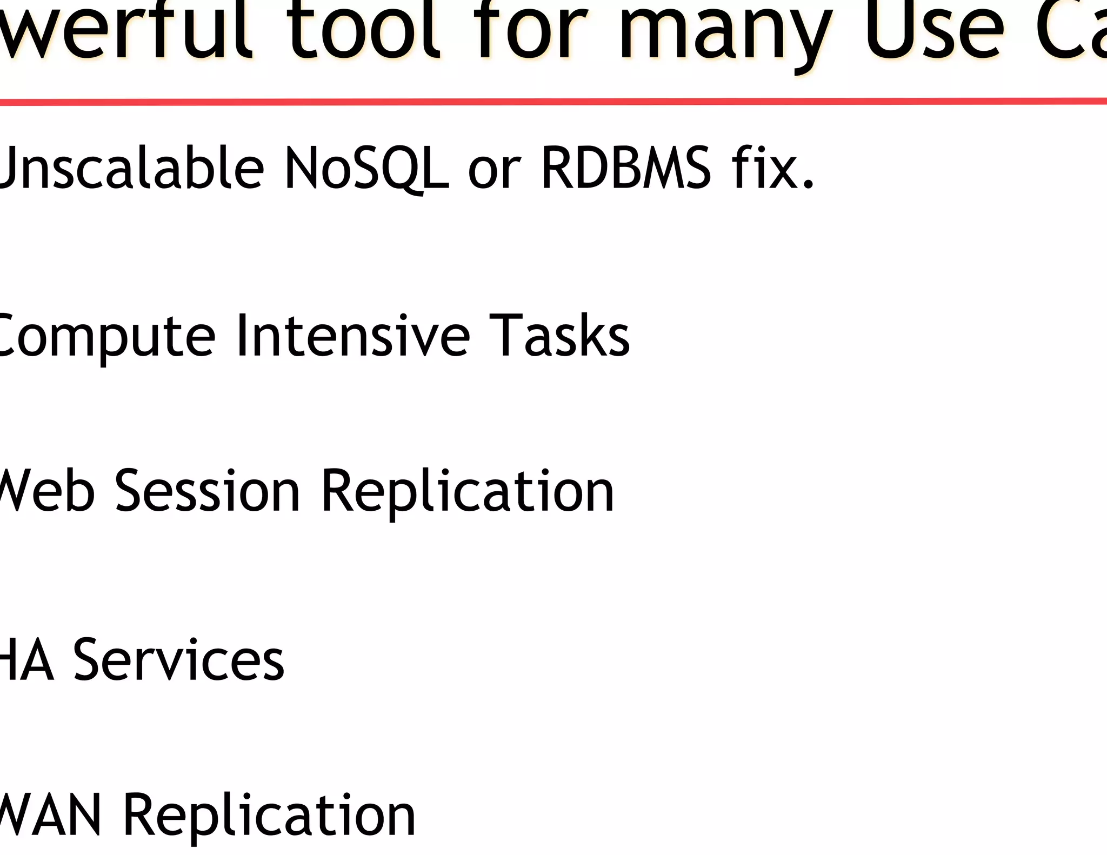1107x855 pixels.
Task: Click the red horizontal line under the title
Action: click(x=553, y=101)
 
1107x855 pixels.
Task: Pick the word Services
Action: click(x=178, y=659)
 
